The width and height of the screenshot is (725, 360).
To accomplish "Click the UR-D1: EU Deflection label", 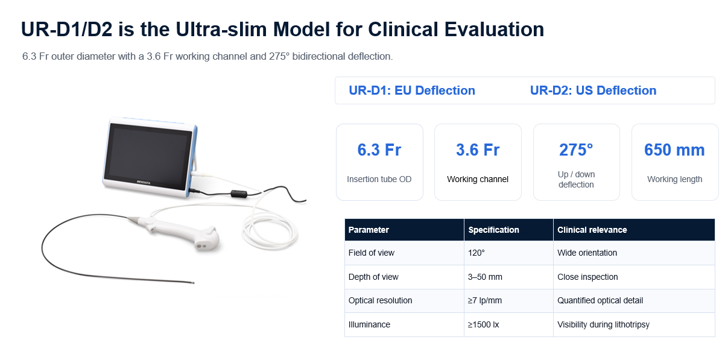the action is (412, 90).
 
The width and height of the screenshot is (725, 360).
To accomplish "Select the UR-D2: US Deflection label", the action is (593, 90).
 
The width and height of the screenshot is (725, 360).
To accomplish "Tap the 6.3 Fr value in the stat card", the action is (379, 150).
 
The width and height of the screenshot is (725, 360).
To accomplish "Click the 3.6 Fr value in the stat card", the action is (478, 150).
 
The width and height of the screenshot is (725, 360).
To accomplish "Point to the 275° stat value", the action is (576, 150).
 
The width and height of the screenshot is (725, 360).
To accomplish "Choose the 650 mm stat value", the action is (674, 150).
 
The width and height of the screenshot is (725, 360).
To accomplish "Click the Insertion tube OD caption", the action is (379, 179).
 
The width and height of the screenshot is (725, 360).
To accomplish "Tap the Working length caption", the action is (675, 179).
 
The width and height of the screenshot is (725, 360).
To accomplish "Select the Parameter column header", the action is (369, 230).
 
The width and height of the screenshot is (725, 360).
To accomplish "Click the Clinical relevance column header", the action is (592, 230).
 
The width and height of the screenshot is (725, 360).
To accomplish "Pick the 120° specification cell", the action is (476, 253).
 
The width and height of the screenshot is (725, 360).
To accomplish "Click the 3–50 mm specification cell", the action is (485, 277).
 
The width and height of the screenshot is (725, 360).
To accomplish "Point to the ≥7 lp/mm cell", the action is (484, 300).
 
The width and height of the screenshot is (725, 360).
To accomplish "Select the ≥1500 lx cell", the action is (483, 324).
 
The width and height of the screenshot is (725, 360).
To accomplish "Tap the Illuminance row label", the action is (369, 324).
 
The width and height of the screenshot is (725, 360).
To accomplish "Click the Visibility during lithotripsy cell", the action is (603, 324).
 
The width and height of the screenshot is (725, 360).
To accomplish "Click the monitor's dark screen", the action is (150, 157).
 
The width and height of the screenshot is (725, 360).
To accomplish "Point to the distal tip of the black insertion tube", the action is (193, 283).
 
